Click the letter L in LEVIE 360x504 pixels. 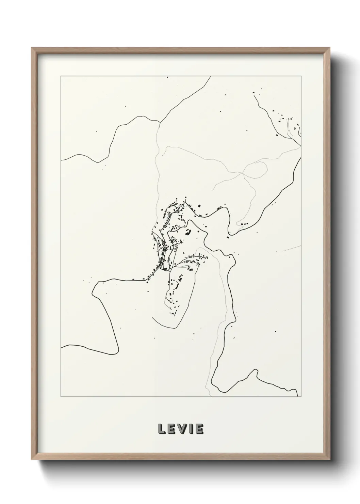click(162, 429)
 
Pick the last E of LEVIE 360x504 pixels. click(199, 429)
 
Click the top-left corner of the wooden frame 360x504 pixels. click(32, 48)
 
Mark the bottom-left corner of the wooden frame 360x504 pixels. click(32, 461)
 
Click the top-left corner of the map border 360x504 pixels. click(61, 76)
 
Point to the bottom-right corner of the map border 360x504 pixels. click(301, 397)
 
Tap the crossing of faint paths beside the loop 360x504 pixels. click(242, 173)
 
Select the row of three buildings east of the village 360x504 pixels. click(244, 224)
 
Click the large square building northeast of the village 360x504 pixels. click(199, 206)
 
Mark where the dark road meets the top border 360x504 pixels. click(211, 77)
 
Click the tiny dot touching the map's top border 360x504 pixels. click(167, 77)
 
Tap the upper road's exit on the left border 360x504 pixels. click(61, 160)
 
